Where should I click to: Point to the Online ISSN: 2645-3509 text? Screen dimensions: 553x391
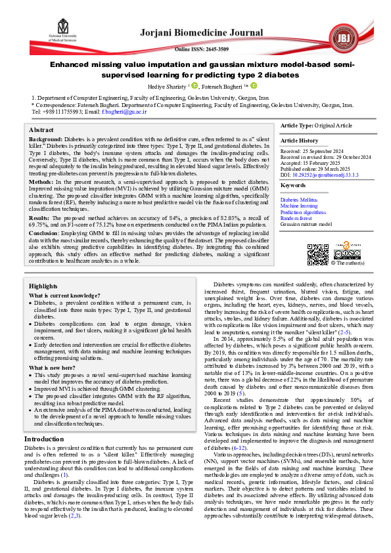(x=201, y=49)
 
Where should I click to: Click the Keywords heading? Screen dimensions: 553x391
(x=293, y=186)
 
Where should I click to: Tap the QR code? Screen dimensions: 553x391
(x=318, y=254)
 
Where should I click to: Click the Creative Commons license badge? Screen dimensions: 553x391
(x=347, y=254)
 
